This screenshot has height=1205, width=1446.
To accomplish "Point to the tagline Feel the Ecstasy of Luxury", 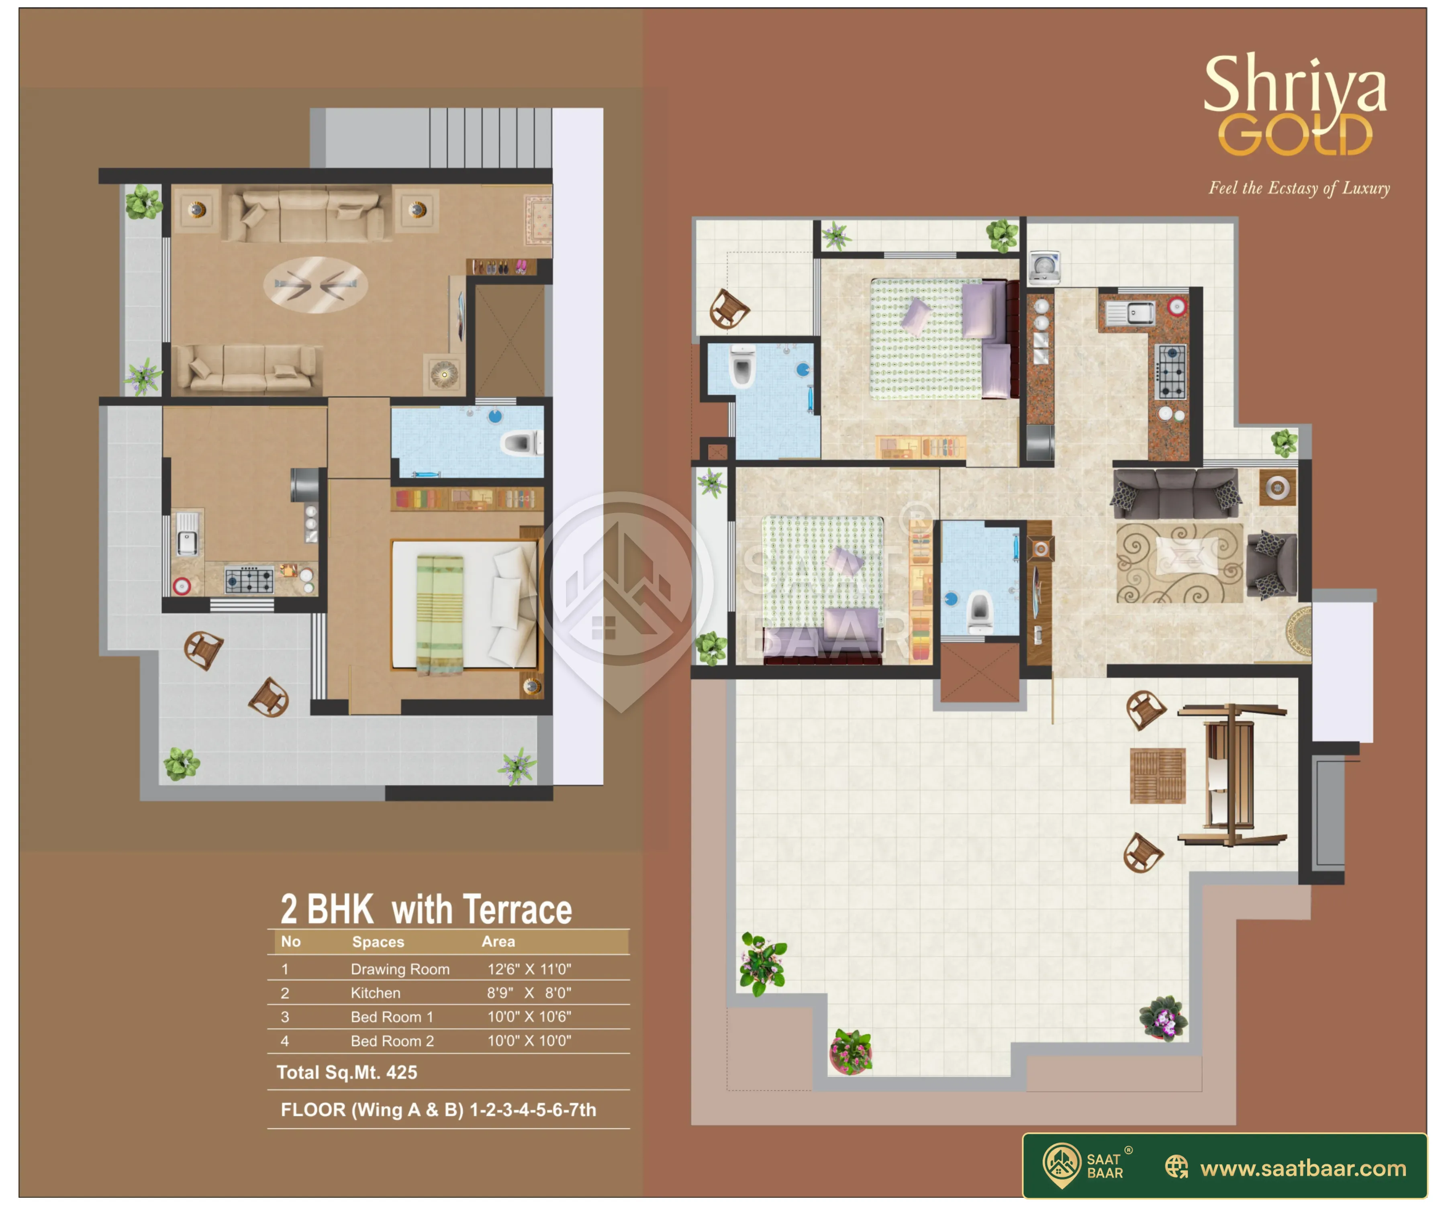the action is coord(1299,188).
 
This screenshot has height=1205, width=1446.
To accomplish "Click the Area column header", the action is coord(498,941).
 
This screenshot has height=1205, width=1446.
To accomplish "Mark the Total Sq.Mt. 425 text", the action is coord(347,1072).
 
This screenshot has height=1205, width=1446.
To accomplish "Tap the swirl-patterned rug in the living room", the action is coord(1180,563).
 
